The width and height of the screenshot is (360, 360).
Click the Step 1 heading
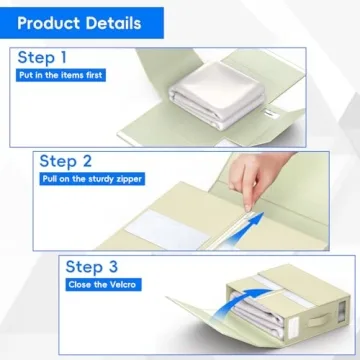pyautogui.click(x=46, y=58)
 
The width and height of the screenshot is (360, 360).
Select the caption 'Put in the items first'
pyautogui.click(x=60, y=76)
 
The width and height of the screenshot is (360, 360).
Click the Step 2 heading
pyautogui.click(x=69, y=161)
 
